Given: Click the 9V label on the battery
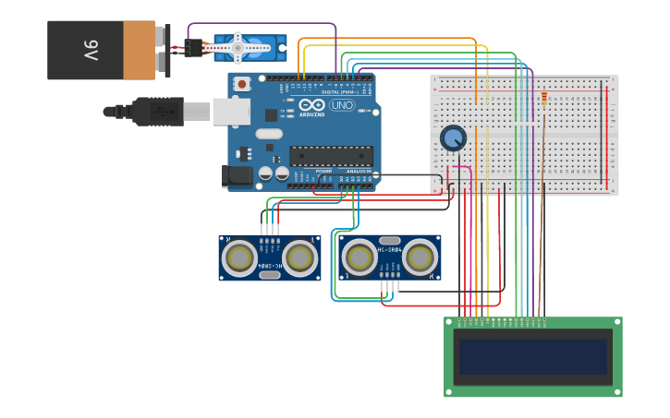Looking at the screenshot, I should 91,50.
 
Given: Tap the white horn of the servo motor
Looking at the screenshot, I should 238,47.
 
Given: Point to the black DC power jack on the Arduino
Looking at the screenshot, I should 238,175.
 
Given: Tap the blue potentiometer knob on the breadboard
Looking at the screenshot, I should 453,138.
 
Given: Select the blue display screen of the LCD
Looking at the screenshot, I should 533,356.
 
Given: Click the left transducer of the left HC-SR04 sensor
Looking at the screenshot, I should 239,257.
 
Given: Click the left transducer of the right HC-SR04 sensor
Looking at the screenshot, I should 359,257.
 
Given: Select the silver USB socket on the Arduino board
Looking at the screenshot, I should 231,112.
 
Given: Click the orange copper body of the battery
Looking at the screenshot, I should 139,50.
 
